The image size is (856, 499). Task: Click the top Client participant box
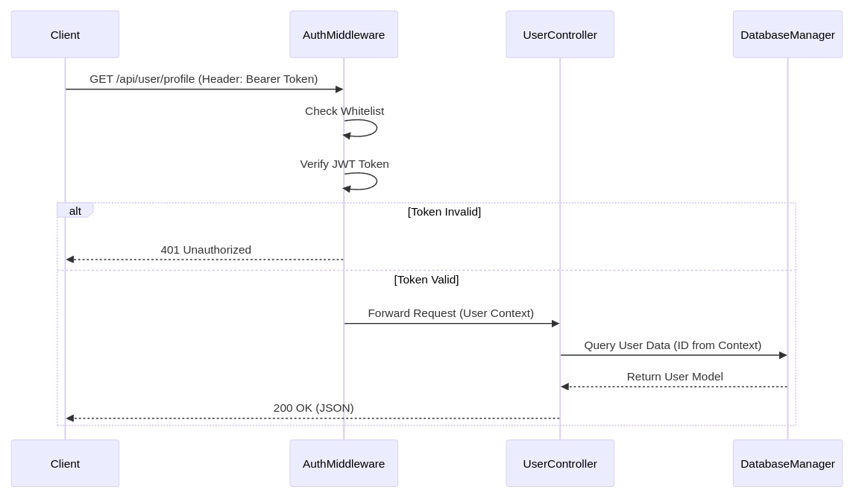tap(65, 34)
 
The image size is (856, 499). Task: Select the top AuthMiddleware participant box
tap(344, 34)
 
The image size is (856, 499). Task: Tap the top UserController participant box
tap(560, 34)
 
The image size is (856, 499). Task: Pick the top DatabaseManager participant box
tap(787, 34)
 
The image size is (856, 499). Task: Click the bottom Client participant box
tap(65, 463)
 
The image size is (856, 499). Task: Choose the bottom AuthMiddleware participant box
tap(344, 463)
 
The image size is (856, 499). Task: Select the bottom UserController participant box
tap(560, 463)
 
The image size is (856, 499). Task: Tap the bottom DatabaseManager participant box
tap(787, 463)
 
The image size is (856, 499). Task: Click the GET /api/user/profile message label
tap(204, 79)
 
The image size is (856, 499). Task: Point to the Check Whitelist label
tap(344, 111)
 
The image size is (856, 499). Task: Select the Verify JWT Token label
tap(344, 164)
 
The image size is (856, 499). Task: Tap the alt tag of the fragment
tap(75, 211)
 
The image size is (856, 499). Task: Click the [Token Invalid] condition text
tap(444, 212)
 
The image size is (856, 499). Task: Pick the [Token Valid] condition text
tap(427, 280)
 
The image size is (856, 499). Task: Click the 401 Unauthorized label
tap(206, 250)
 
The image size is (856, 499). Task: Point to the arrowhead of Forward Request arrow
tap(556, 324)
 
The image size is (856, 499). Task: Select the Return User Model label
tap(675, 377)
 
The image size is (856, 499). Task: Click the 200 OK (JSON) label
tap(313, 408)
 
